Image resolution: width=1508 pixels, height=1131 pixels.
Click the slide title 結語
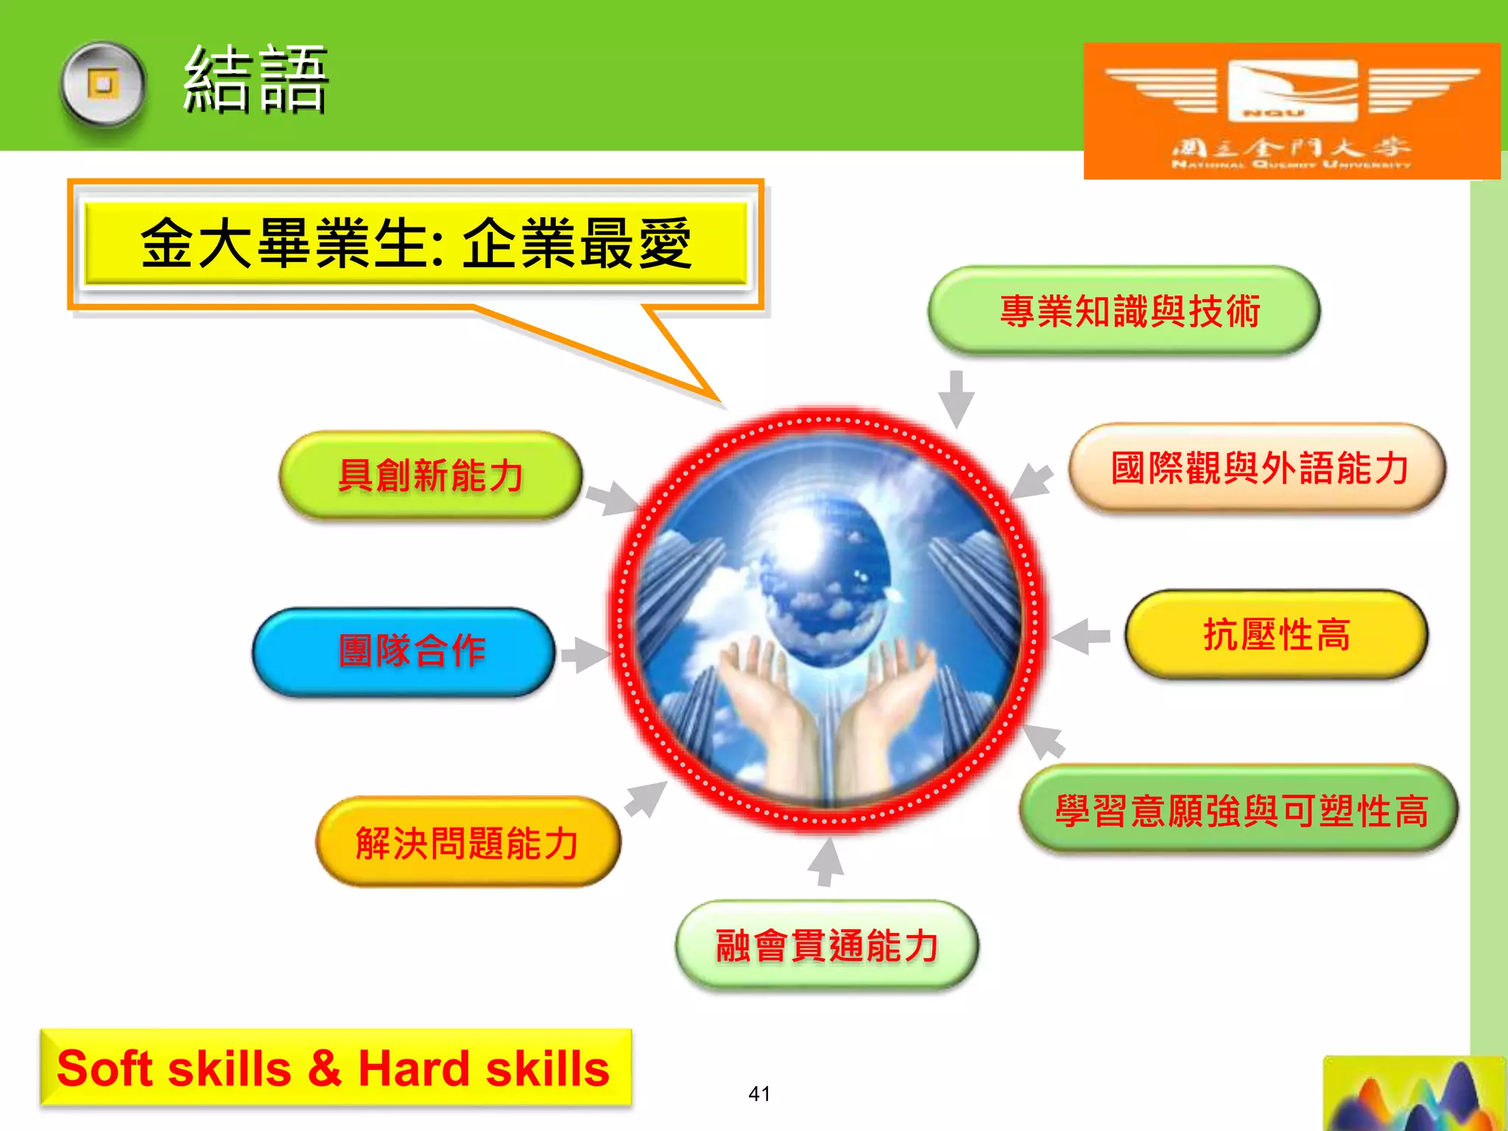[x=255, y=80]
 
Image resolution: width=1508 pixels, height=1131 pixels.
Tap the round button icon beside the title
[x=103, y=84]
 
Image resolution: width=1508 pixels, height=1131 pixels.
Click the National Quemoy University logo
[x=1292, y=110]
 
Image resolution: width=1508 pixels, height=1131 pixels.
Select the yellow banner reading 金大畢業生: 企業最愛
[x=416, y=243]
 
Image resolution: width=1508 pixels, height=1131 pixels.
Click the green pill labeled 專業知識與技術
[x=1124, y=311]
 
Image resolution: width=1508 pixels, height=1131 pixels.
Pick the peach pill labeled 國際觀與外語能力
[x=1258, y=468]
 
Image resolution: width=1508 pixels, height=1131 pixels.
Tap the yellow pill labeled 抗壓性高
[x=1276, y=635]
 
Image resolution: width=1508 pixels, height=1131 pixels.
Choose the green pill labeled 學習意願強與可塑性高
[x=1240, y=810]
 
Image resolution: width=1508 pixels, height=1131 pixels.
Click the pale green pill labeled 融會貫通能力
[x=827, y=945]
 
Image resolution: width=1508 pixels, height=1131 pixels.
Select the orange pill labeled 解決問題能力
[x=468, y=842]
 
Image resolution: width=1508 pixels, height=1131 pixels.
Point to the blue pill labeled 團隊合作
[x=404, y=652]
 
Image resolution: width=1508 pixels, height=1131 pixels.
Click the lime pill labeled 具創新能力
[x=430, y=476]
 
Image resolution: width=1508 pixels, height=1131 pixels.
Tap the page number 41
[x=759, y=1093]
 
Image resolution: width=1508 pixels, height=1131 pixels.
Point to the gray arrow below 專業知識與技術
[x=956, y=399]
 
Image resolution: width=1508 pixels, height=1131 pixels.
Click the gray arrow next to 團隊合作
[x=584, y=654]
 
